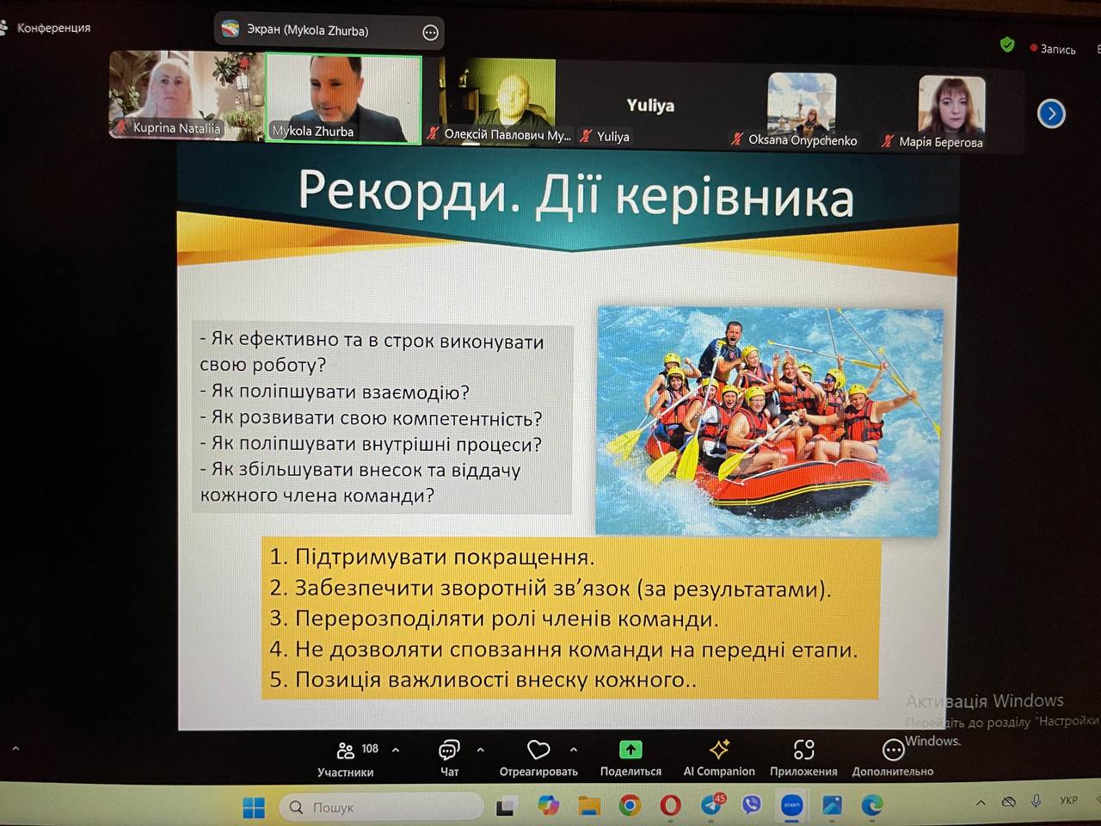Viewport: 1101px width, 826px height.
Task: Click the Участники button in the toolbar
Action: point(346,759)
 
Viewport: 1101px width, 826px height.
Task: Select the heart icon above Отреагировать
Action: point(538,750)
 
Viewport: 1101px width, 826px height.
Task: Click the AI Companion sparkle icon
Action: point(719,749)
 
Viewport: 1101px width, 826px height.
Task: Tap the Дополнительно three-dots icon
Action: point(893,751)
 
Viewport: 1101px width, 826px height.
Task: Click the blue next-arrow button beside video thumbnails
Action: point(1051,114)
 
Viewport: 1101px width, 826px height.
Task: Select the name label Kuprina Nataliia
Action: point(176,128)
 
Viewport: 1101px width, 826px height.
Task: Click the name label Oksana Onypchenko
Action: point(803,140)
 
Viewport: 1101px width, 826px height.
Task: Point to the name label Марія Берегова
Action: point(940,143)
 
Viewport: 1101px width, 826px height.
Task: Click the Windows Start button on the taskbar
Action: point(254,807)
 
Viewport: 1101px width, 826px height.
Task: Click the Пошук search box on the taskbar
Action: point(381,807)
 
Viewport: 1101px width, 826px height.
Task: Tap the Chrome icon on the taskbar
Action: point(630,805)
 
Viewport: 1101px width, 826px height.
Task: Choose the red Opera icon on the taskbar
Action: point(670,805)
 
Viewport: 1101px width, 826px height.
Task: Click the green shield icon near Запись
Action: point(1006,45)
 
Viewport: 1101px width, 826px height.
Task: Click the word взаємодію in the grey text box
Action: point(415,392)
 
